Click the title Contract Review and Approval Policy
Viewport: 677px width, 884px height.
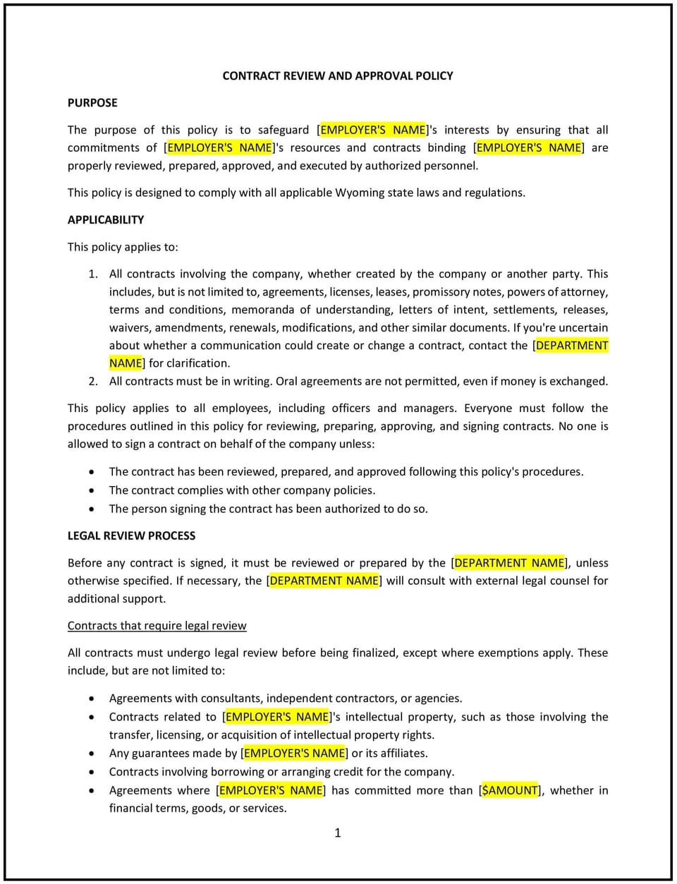pyautogui.click(x=338, y=75)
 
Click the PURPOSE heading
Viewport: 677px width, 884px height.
pyautogui.click(x=92, y=102)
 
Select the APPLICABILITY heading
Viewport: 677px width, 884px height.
pyautogui.click(x=106, y=219)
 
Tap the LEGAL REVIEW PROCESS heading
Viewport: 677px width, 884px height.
pyautogui.click(x=131, y=535)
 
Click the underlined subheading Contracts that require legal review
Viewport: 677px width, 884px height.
pyautogui.click(x=157, y=626)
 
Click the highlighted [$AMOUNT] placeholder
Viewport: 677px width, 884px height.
pyautogui.click(x=510, y=790)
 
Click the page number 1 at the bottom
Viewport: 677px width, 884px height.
pyautogui.click(x=338, y=833)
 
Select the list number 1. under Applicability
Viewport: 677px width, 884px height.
pyautogui.click(x=93, y=274)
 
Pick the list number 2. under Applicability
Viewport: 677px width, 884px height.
pyautogui.click(x=93, y=381)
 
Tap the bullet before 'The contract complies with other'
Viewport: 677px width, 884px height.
pyautogui.click(x=92, y=490)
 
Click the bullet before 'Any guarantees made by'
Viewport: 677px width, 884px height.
pyautogui.click(x=92, y=753)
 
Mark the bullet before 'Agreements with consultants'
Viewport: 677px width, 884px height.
pyautogui.click(x=92, y=698)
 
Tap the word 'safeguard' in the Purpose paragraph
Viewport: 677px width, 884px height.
pyautogui.click(x=283, y=130)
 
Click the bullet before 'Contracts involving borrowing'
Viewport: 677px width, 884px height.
pyautogui.click(x=92, y=772)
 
